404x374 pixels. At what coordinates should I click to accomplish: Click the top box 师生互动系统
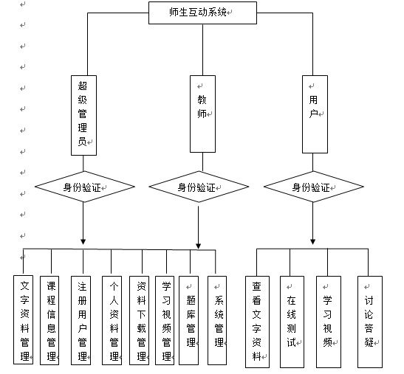click(x=202, y=13)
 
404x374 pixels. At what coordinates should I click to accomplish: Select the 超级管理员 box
click(x=83, y=115)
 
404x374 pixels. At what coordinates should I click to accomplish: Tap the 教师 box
click(x=202, y=114)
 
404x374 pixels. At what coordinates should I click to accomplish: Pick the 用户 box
click(x=315, y=114)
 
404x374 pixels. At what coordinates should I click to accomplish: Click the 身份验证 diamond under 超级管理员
click(x=85, y=187)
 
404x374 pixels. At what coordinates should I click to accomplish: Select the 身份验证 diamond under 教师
click(x=199, y=187)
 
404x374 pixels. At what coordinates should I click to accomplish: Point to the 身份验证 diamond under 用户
click(x=314, y=187)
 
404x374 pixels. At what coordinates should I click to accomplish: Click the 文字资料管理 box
click(x=23, y=320)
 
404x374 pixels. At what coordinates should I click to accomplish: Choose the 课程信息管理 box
click(x=49, y=320)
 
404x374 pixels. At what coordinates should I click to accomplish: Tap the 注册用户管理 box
click(x=81, y=320)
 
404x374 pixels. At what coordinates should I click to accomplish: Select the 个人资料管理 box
click(x=112, y=320)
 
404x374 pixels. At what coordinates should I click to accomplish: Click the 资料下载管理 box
click(x=139, y=320)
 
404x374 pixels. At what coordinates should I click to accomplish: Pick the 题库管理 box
click(x=188, y=320)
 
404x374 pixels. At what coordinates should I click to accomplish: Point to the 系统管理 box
click(x=217, y=320)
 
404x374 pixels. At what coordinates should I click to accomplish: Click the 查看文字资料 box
click(x=257, y=322)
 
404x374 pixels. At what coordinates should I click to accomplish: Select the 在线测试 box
click(x=292, y=322)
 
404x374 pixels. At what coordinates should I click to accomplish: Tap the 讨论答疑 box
click(x=370, y=322)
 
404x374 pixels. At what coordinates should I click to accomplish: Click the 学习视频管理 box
click(x=165, y=320)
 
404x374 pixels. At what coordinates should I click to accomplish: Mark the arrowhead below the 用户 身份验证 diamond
click(x=313, y=241)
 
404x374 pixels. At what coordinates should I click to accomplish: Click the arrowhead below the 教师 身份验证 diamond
click(x=198, y=246)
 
